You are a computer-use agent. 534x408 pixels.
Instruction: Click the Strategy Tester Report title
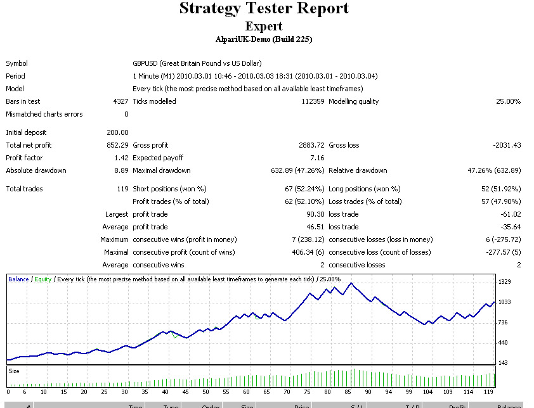264,9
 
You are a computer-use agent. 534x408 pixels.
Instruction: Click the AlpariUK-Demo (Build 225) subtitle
264,39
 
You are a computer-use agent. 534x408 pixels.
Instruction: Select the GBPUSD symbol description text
197,63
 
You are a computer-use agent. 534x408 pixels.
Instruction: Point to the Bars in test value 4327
120,101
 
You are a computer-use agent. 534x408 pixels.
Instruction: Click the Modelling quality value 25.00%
508,101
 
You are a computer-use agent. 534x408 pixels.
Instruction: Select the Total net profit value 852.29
118,145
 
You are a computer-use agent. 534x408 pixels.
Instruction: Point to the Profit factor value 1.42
121,158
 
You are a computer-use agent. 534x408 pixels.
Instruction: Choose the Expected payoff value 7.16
317,158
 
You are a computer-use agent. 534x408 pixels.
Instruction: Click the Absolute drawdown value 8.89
121,170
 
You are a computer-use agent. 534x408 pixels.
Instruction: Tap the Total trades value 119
122,189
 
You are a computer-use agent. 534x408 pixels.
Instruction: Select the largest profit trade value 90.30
315,214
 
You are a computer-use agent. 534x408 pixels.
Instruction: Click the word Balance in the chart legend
18,279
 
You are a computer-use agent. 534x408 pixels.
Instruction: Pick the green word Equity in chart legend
43,279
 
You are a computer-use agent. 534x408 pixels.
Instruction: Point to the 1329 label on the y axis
505,282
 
